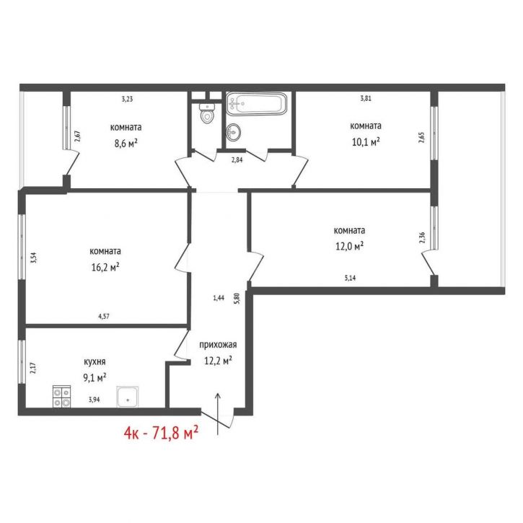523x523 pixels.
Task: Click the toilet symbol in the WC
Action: point(207,113)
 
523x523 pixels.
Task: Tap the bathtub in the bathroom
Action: point(256,104)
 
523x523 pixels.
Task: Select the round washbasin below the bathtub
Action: point(234,133)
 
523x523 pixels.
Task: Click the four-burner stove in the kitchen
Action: point(62,396)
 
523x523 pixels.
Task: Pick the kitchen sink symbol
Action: point(128,397)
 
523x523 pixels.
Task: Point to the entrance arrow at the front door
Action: point(218,413)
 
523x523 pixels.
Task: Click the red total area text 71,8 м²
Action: point(175,433)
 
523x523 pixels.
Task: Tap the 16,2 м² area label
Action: point(105,267)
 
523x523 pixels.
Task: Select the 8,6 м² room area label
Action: point(126,144)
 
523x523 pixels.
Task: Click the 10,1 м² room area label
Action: point(366,142)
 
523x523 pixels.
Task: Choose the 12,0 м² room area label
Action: point(349,246)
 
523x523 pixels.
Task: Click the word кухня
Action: point(95,361)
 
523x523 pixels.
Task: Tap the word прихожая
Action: point(218,345)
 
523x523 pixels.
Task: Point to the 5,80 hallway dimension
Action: point(237,299)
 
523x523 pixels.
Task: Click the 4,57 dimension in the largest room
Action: point(104,317)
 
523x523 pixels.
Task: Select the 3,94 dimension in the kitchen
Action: point(94,400)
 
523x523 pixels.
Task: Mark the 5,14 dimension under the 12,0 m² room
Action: point(350,278)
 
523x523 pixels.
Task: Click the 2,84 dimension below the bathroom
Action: point(237,159)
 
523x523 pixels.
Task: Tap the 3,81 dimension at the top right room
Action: point(366,98)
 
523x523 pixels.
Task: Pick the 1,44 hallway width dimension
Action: point(219,298)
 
